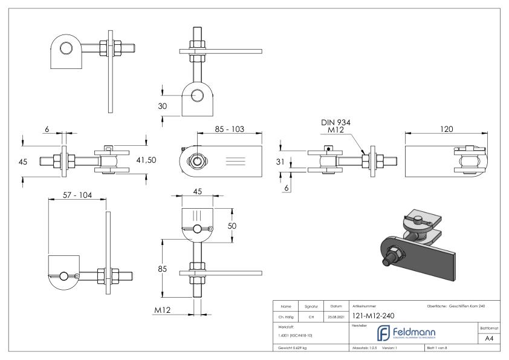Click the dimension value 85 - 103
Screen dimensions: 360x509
point(238,129)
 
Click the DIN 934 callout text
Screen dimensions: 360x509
point(336,123)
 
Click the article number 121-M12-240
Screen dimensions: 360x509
point(374,315)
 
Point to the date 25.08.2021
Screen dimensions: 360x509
point(336,316)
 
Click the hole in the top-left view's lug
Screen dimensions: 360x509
point(65,48)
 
